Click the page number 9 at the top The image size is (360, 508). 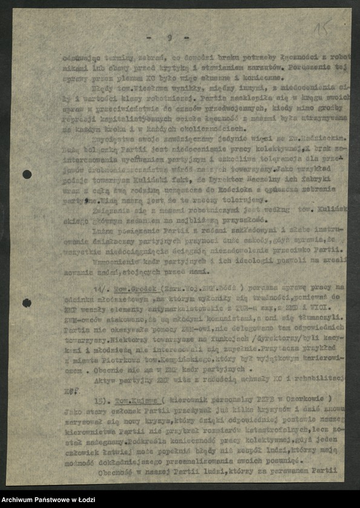[169, 37]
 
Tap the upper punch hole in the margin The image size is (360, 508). [27, 174]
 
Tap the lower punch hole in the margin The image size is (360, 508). [27, 303]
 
